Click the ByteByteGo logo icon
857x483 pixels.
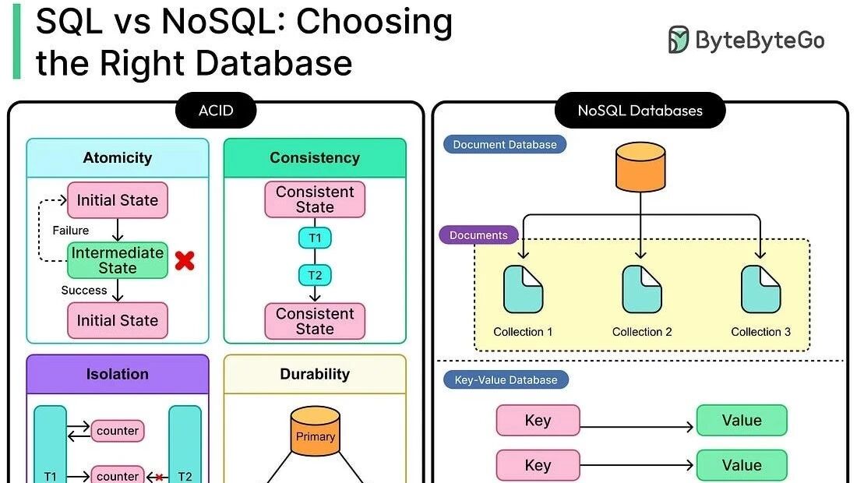(679, 40)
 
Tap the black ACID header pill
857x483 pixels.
(216, 111)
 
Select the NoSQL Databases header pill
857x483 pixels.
(640, 111)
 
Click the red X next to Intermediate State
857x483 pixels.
(185, 261)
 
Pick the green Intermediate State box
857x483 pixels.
(118, 260)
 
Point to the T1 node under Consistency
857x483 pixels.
(315, 238)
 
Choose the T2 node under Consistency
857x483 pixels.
(315, 274)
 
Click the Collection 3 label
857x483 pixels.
(760, 332)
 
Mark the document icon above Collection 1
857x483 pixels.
(523, 289)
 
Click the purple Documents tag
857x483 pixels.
(478, 235)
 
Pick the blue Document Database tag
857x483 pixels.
(505, 144)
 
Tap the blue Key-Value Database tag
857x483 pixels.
(506, 380)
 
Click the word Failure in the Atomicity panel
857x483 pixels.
(71, 231)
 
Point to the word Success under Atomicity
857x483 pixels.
(84, 291)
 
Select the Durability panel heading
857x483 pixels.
(315, 374)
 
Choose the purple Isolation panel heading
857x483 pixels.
(118, 374)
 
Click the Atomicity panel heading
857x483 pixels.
(118, 157)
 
